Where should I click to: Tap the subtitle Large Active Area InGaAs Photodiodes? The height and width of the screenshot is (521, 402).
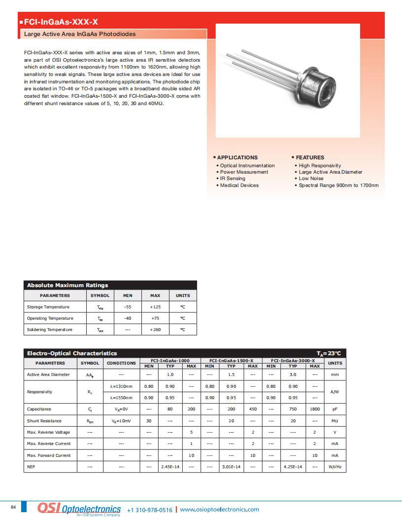pyautogui.click(x=80, y=34)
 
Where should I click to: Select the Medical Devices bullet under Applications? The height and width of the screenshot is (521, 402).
pyautogui.click(x=239, y=186)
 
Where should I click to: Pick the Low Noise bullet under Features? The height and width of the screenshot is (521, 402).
pyautogui.click(x=311, y=179)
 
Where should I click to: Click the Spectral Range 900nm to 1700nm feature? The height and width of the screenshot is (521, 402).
pyautogui.click(x=338, y=186)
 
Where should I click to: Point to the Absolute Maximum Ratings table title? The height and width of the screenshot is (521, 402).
pyautogui.click(x=67, y=285)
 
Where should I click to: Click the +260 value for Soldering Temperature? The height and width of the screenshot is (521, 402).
pyautogui.click(x=155, y=330)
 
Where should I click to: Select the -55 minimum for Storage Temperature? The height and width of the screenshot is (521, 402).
pyautogui.click(x=128, y=307)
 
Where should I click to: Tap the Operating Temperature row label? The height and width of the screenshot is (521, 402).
pyautogui.click(x=50, y=318)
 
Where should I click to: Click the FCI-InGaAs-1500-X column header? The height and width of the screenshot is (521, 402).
pyautogui.click(x=231, y=361)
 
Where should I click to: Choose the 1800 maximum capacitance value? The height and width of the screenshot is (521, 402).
pyautogui.click(x=315, y=409)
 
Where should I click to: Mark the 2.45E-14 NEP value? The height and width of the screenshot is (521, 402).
pyautogui.click(x=170, y=467)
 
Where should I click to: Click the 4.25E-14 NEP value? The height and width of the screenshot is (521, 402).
pyautogui.click(x=293, y=467)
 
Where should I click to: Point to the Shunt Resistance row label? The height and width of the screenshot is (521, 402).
pyautogui.click(x=44, y=421)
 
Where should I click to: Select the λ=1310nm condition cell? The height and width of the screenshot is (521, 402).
pyautogui.click(x=121, y=386)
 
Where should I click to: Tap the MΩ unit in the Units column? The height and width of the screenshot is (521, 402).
pyautogui.click(x=335, y=421)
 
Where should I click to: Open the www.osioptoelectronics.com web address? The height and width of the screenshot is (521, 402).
pyautogui.click(x=219, y=510)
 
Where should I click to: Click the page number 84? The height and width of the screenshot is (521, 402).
pyautogui.click(x=13, y=507)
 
